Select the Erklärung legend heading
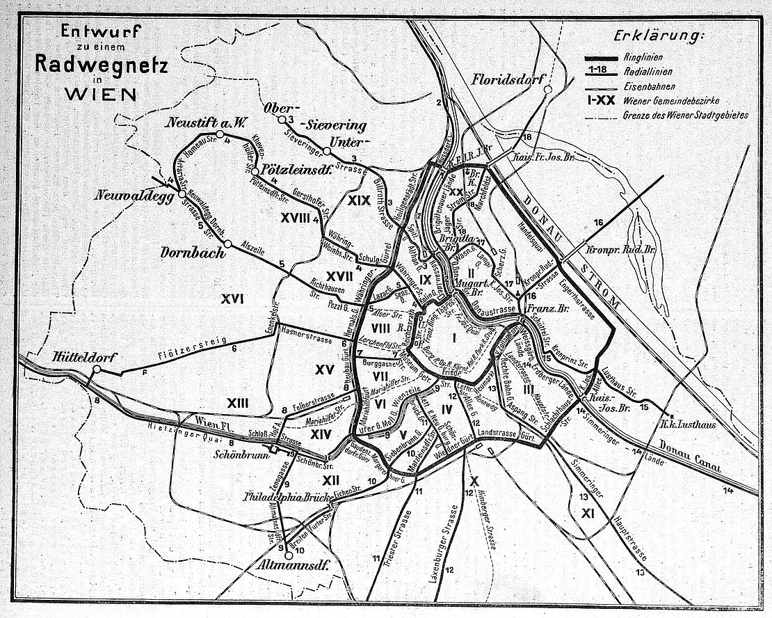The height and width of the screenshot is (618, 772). tap(659, 35)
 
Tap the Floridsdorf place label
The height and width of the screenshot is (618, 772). tap(507, 79)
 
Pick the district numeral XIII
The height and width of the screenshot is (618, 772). tap(237, 403)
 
